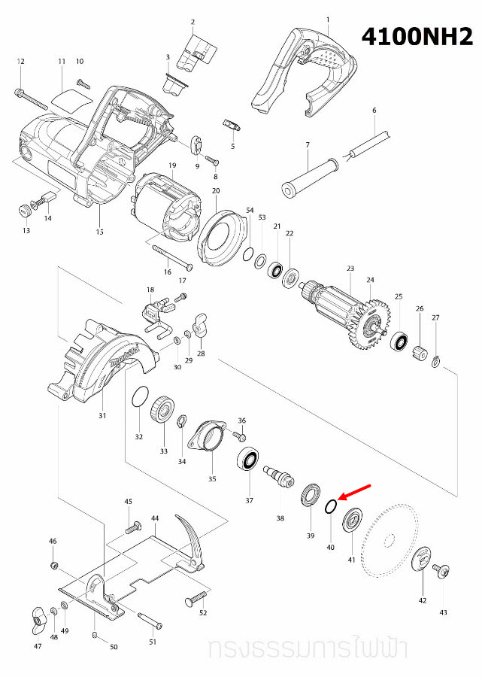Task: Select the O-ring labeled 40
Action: click(330, 508)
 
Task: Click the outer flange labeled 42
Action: click(423, 561)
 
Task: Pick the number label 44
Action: click(155, 519)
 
